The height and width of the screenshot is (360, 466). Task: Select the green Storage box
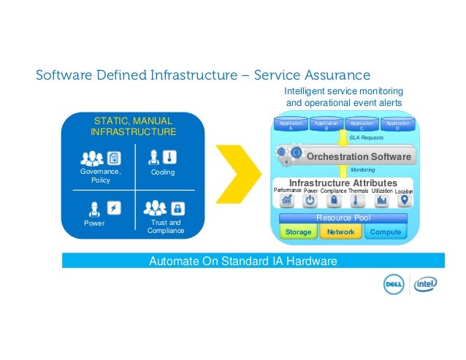(298, 232)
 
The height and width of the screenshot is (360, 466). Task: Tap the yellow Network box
(340, 232)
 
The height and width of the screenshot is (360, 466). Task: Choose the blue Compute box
(386, 232)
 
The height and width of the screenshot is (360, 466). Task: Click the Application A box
(290, 126)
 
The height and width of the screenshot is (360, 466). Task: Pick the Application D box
(397, 126)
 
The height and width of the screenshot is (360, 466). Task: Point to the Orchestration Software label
(358, 157)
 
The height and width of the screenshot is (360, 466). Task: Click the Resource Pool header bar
(343, 218)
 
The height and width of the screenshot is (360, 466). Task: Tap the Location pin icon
(403, 202)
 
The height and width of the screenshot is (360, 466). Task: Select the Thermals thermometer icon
(358, 202)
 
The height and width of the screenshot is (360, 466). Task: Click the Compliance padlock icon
(334, 202)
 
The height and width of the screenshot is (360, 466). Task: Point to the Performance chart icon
(287, 202)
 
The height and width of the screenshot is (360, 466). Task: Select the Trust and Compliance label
(165, 227)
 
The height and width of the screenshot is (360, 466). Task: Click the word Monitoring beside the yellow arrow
(363, 170)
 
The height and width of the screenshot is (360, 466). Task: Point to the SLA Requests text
(366, 137)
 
